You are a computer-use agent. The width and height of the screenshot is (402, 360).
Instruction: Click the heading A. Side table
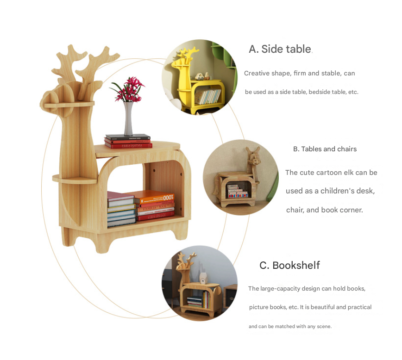(x=280, y=49)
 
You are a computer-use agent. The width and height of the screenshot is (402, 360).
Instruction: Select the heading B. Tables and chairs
(x=325, y=149)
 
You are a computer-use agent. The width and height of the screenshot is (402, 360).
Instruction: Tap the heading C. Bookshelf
(x=289, y=265)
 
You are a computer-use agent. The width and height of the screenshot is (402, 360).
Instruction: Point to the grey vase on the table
(x=128, y=118)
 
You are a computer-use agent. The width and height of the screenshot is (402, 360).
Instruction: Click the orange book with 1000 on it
(x=157, y=198)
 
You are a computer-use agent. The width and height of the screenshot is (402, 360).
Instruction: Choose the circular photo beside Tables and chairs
(x=240, y=177)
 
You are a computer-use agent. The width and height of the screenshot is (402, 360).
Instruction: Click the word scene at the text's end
(x=324, y=327)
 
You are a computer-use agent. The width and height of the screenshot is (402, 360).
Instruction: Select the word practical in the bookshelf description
(x=360, y=307)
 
